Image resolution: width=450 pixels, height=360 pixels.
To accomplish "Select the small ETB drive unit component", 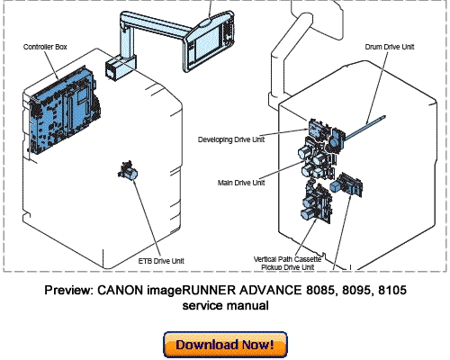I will [129, 171].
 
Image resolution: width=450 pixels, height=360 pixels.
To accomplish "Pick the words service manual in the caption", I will [225, 306].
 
